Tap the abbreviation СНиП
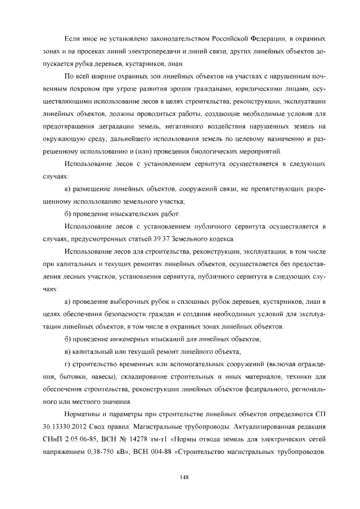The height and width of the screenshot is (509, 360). (x=55, y=439)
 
